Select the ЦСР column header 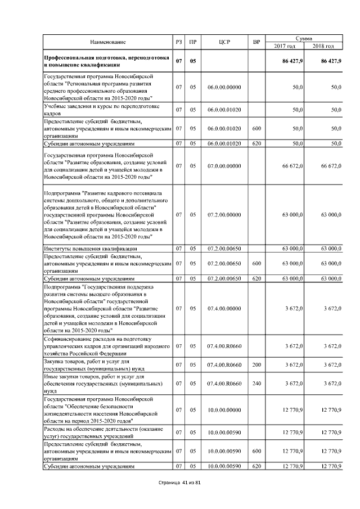tap(224, 42)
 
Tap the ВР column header tap(256, 42)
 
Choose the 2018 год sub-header tap(323, 46)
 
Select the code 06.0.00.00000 tap(224, 87)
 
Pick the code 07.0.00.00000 tap(224, 166)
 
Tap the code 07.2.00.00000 tap(224, 215)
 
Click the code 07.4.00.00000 tap(224, 308)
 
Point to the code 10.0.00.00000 tap(224, 411)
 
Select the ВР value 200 tap(256, 364)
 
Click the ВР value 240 tap(256, 384)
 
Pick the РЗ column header tap(178, 42)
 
